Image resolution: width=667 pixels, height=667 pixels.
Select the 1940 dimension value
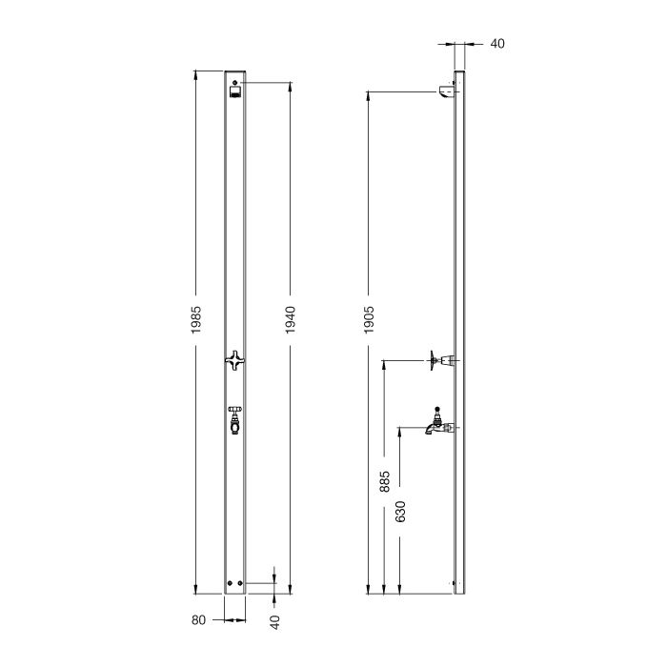[x=291, y=318]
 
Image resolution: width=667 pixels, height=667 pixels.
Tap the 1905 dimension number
[x=369, y=318]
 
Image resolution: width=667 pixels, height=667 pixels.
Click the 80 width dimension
[x=198, y=620]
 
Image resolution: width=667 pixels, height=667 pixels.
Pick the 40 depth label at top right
[x=496, y=43]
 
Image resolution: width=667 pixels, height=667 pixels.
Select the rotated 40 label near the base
[x=275, y=620]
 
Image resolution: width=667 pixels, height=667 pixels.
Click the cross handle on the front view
[x=235, y=359]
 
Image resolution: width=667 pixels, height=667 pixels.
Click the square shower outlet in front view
[x=235, y=93]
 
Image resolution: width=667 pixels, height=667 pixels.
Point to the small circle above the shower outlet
[x=235, y=82]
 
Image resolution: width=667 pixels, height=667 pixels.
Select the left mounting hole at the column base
[x=230, y=583]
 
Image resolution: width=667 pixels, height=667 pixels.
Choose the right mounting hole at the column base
[x=241, y=583]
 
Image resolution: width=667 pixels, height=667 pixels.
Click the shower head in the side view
[x=446, y=91]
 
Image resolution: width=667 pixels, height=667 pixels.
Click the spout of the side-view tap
[x=431, y=430]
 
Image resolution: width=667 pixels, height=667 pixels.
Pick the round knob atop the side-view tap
[x=437, y=407]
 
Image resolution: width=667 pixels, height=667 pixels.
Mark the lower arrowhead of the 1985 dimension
[x=195, y=589]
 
